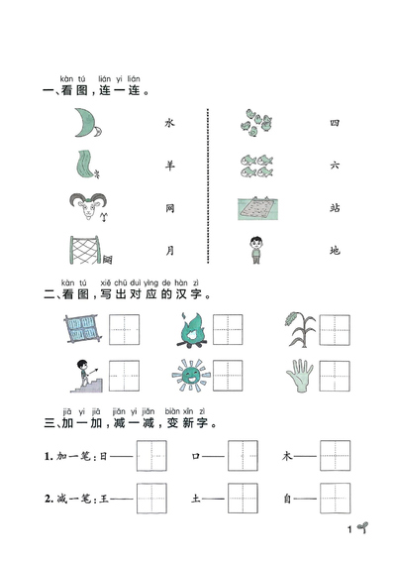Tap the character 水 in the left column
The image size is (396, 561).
tap(168, 123)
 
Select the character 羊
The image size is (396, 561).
tap(168, 167)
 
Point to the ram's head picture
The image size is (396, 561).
tap(84, 208)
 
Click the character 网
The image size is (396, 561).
tap(168, 209)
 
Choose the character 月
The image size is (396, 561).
tap(168, 251)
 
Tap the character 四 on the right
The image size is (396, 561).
tap(334, 123)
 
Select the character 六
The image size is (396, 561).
tap(334, 167)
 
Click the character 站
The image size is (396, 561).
tap(334, 209)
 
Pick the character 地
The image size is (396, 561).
tap(334, 251)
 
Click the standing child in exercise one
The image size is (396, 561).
tap(257, 250)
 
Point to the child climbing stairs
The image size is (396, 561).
tap(82, 377)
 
